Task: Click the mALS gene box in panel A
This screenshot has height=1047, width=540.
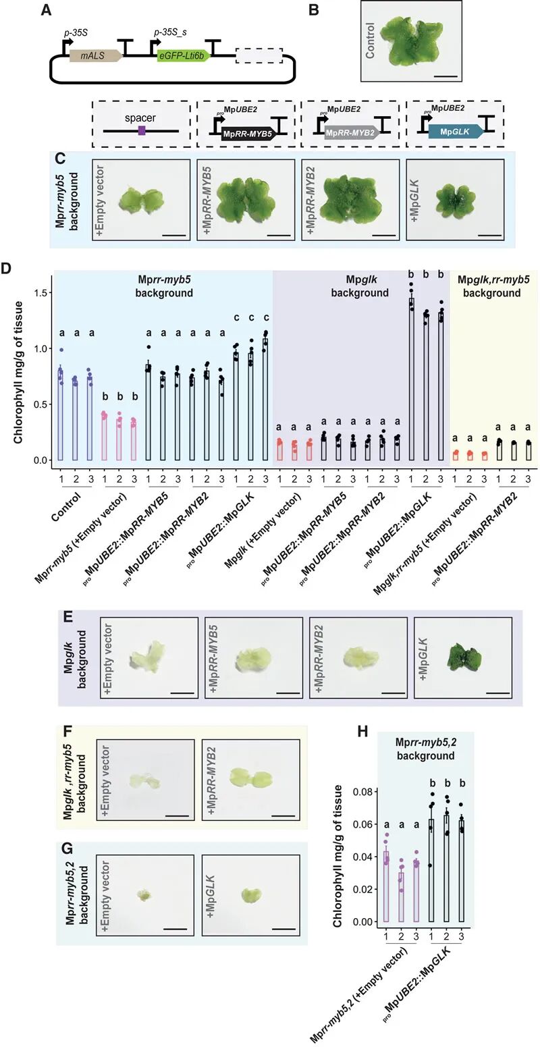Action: pos(98,56)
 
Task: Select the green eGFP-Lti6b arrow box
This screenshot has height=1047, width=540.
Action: pos(183,57)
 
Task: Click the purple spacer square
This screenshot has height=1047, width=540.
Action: pos(141,129)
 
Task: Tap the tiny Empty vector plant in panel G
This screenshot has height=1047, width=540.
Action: pos(144,896)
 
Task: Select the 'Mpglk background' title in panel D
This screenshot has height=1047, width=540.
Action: pos(361,286)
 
